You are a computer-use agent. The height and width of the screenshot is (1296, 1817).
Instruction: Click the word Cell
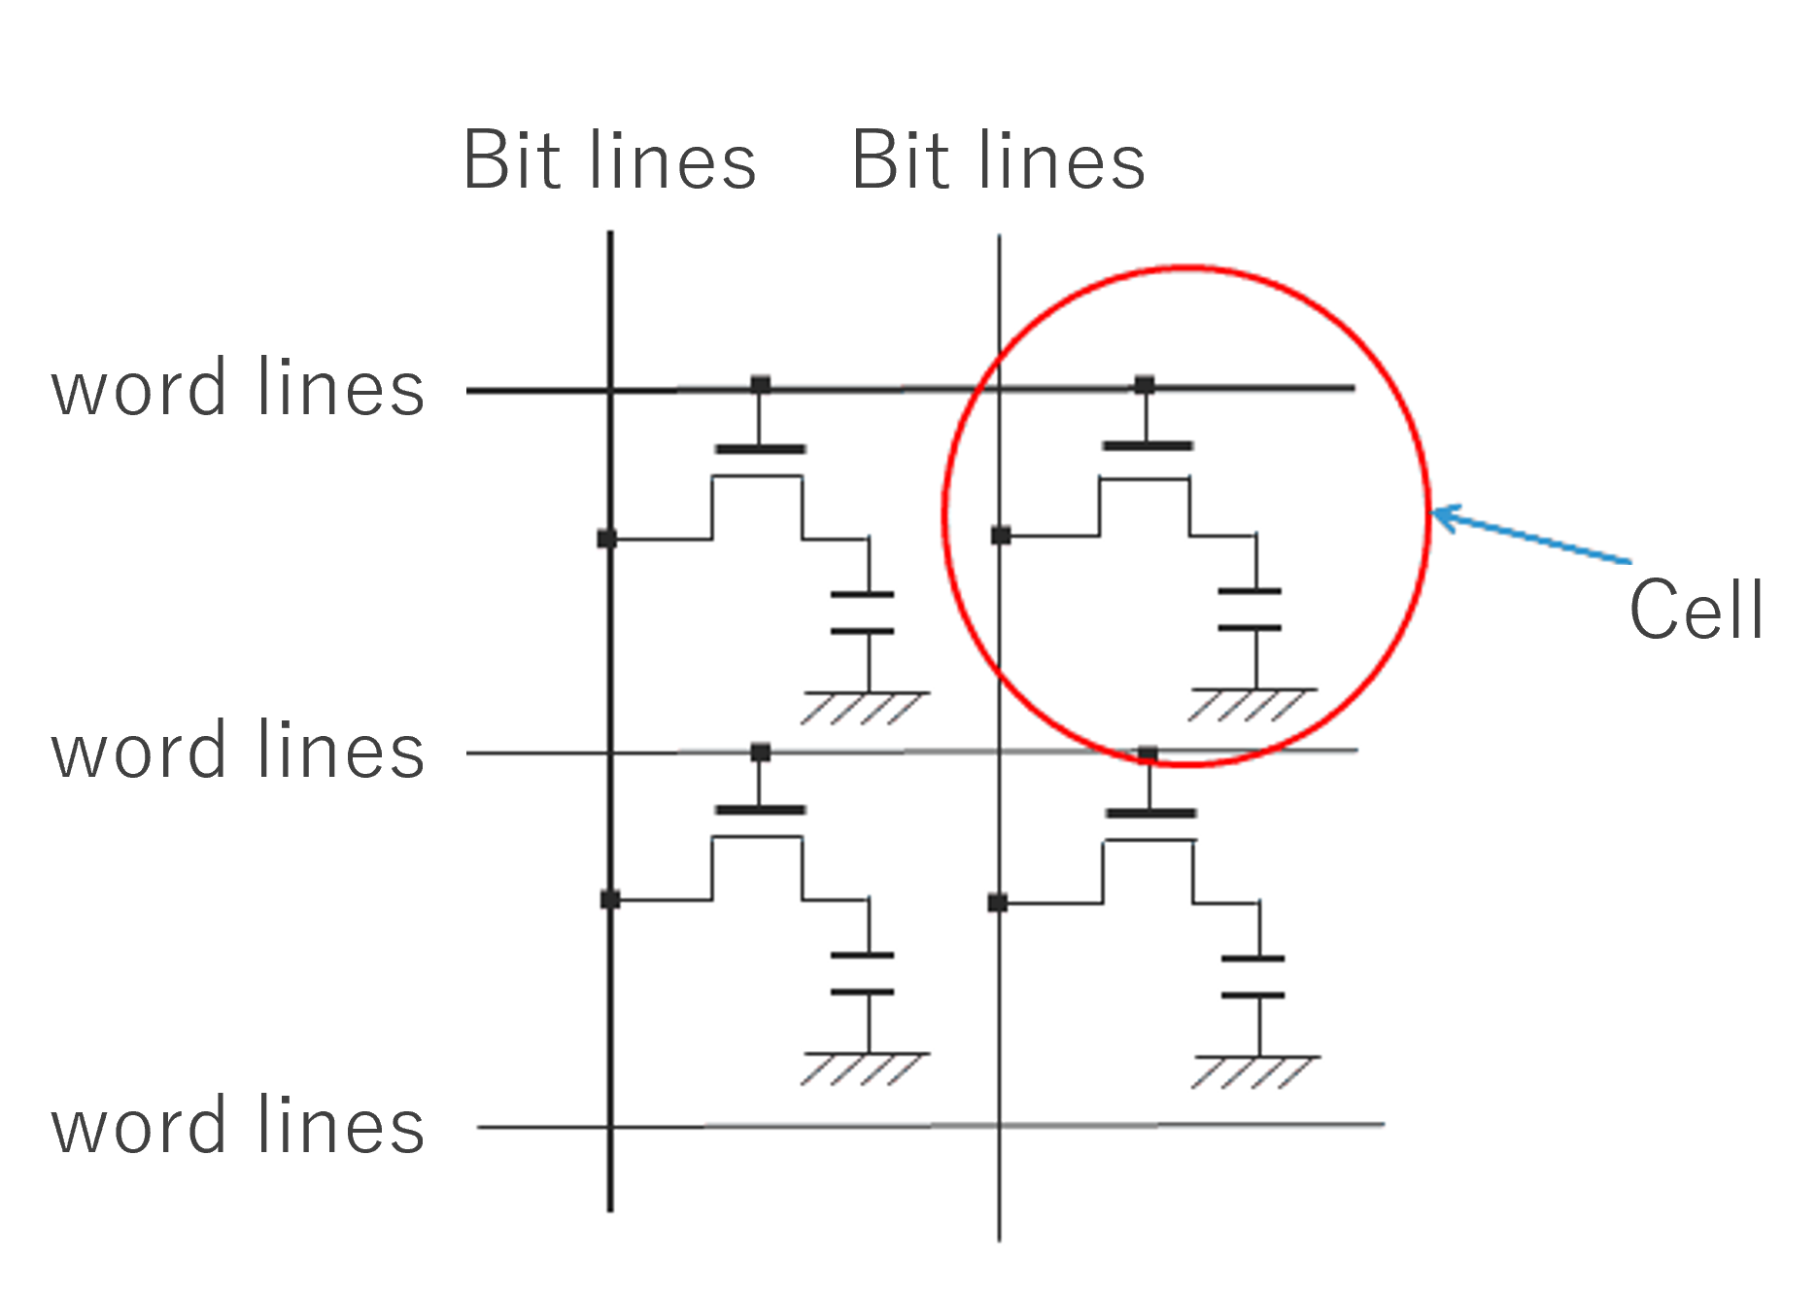(x=1697, y=610)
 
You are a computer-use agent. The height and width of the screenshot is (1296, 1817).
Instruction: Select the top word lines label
(x=238, y=388)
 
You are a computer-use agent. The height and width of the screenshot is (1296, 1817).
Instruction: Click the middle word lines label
(x=238, y=752)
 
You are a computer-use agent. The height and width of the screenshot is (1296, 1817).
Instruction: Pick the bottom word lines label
(x=238, y=1126)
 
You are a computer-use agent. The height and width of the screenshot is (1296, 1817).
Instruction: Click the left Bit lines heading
(x=609, y=160)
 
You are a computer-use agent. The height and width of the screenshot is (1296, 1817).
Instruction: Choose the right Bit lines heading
(x=998, y=160)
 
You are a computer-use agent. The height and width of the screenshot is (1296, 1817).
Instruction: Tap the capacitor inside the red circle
(x=1251, y=610)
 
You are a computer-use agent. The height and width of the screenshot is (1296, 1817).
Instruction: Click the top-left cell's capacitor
(x=863, y=613)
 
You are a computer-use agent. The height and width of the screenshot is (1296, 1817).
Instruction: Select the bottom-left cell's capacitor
(x=863, y=973)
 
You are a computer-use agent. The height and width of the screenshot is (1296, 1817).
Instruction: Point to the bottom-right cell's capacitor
(x=1253, y=976)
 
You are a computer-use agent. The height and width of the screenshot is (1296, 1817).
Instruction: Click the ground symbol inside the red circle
(x=1251, y=704)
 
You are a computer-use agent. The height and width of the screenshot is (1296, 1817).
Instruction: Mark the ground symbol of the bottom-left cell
(x=864, y=1068)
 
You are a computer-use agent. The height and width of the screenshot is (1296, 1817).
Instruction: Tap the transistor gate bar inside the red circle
(x=1148, y=446)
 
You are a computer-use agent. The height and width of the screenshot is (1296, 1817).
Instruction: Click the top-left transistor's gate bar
(x=760, y=449)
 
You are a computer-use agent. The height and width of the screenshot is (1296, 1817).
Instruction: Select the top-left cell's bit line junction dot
(x=607, y=538)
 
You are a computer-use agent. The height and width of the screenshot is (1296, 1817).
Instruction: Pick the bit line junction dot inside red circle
(x=1001, y=535)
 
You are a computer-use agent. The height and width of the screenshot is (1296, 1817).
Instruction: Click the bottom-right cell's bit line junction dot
(x=998, y=902)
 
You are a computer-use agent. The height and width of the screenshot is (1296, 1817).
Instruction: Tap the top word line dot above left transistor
(x=761, y=384)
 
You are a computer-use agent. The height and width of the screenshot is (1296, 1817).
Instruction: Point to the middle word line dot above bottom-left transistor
(x=761, y=753)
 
